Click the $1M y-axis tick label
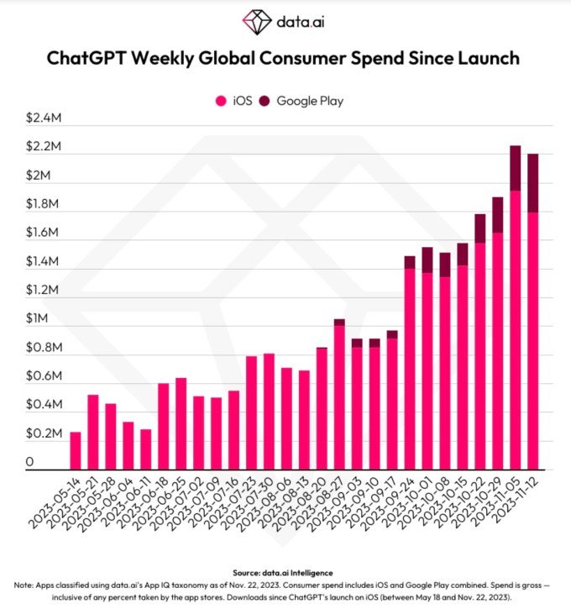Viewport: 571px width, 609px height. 37,319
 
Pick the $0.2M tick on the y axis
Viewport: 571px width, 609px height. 44,434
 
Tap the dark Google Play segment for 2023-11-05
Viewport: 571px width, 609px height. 516,168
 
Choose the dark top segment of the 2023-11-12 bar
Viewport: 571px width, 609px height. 533,183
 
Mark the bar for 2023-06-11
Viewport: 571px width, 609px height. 146,449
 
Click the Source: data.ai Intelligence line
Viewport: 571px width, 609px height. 285,573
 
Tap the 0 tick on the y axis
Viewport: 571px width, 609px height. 30,463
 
